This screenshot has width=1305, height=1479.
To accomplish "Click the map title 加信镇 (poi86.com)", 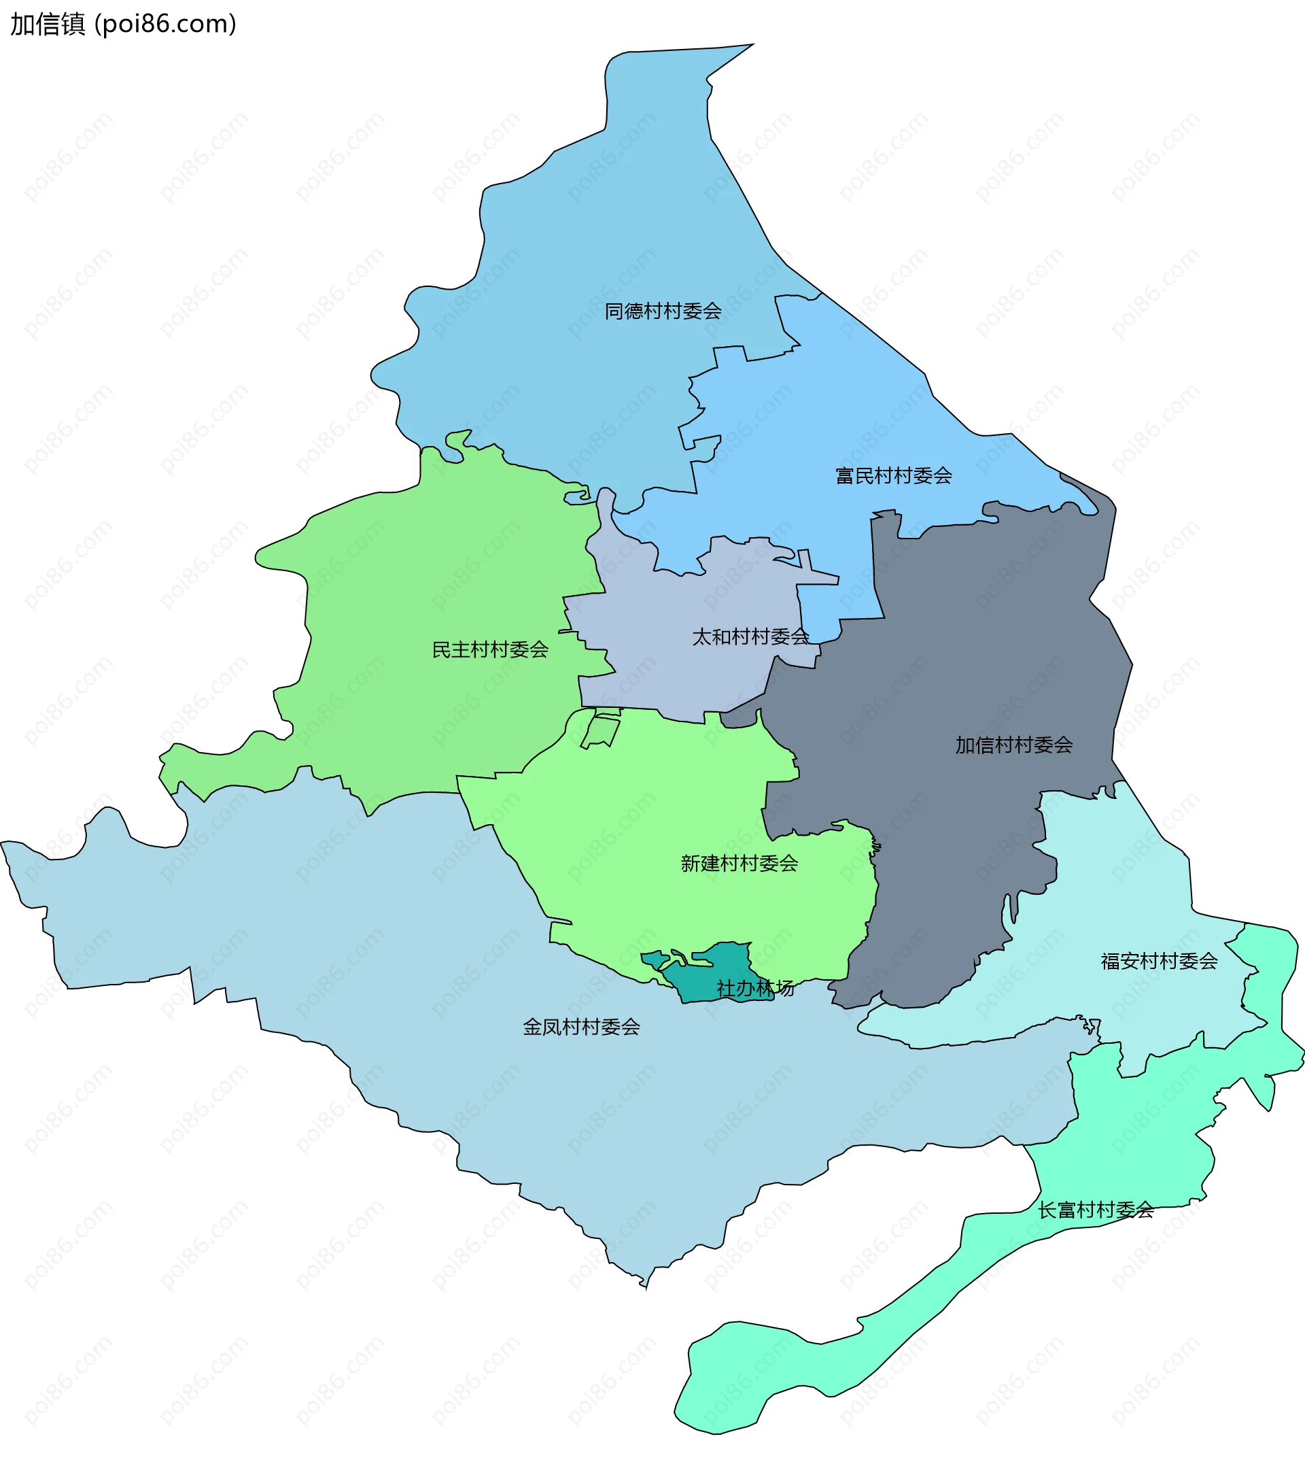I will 123,24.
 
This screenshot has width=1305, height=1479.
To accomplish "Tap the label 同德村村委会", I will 663,311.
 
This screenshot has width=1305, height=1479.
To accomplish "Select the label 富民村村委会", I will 893,475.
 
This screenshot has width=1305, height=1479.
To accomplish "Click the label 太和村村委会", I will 750,636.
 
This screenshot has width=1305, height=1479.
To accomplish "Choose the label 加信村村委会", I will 1013,745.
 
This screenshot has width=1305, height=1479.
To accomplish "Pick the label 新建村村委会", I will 739,863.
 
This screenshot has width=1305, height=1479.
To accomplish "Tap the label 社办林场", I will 754,987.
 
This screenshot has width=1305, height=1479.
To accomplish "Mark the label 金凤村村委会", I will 581,1027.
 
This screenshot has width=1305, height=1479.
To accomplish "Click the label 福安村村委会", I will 1159,961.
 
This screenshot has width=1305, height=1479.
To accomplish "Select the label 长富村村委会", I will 1095,1210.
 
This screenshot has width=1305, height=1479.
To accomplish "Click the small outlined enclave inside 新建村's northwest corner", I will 601,732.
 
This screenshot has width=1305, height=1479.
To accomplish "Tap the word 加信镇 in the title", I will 48,24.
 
